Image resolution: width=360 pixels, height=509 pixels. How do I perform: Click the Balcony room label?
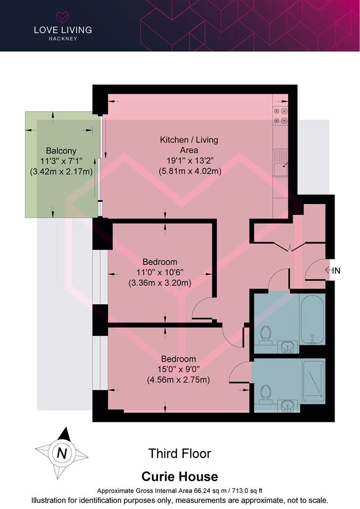pyautogui.click(x=61, y=151)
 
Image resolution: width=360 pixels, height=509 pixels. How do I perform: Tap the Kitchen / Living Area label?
pyautogui.click(x=189, y=145)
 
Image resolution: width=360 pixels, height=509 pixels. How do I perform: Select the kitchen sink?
pyautogui.click(x=280, y=163)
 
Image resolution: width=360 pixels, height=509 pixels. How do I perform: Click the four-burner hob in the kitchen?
pyautogui.click(x=280, y=116)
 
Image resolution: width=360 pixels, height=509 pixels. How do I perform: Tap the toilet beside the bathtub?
pyautogui.click(x=266, y=335)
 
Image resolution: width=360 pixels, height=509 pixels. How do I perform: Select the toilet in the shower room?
pyautogui.click(x=266, y=394)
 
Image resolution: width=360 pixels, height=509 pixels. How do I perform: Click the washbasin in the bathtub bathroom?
pyautogui.click(x=288, y=347)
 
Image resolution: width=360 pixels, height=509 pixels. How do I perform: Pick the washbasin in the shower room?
pyautogui.click(x=288, y=406)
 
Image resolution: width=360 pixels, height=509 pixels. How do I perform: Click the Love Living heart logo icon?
pyautogui.click(x=62, y=16)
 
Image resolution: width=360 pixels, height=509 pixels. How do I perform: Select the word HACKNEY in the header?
pyautogui.click(x=63, y=39)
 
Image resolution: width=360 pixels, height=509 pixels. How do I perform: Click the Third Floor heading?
pyautogui.click(x=180, y=453)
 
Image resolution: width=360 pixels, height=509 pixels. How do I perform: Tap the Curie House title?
pyautogui.click(x=180, y=476)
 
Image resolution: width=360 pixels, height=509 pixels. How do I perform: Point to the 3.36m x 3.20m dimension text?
pyautogui.click(x=160, y=283)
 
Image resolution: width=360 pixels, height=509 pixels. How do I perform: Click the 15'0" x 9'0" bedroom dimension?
pyautogui.click(x=179, y=369)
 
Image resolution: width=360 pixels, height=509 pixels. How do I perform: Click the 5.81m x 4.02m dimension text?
pyautogui.click(x=190, y=171)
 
